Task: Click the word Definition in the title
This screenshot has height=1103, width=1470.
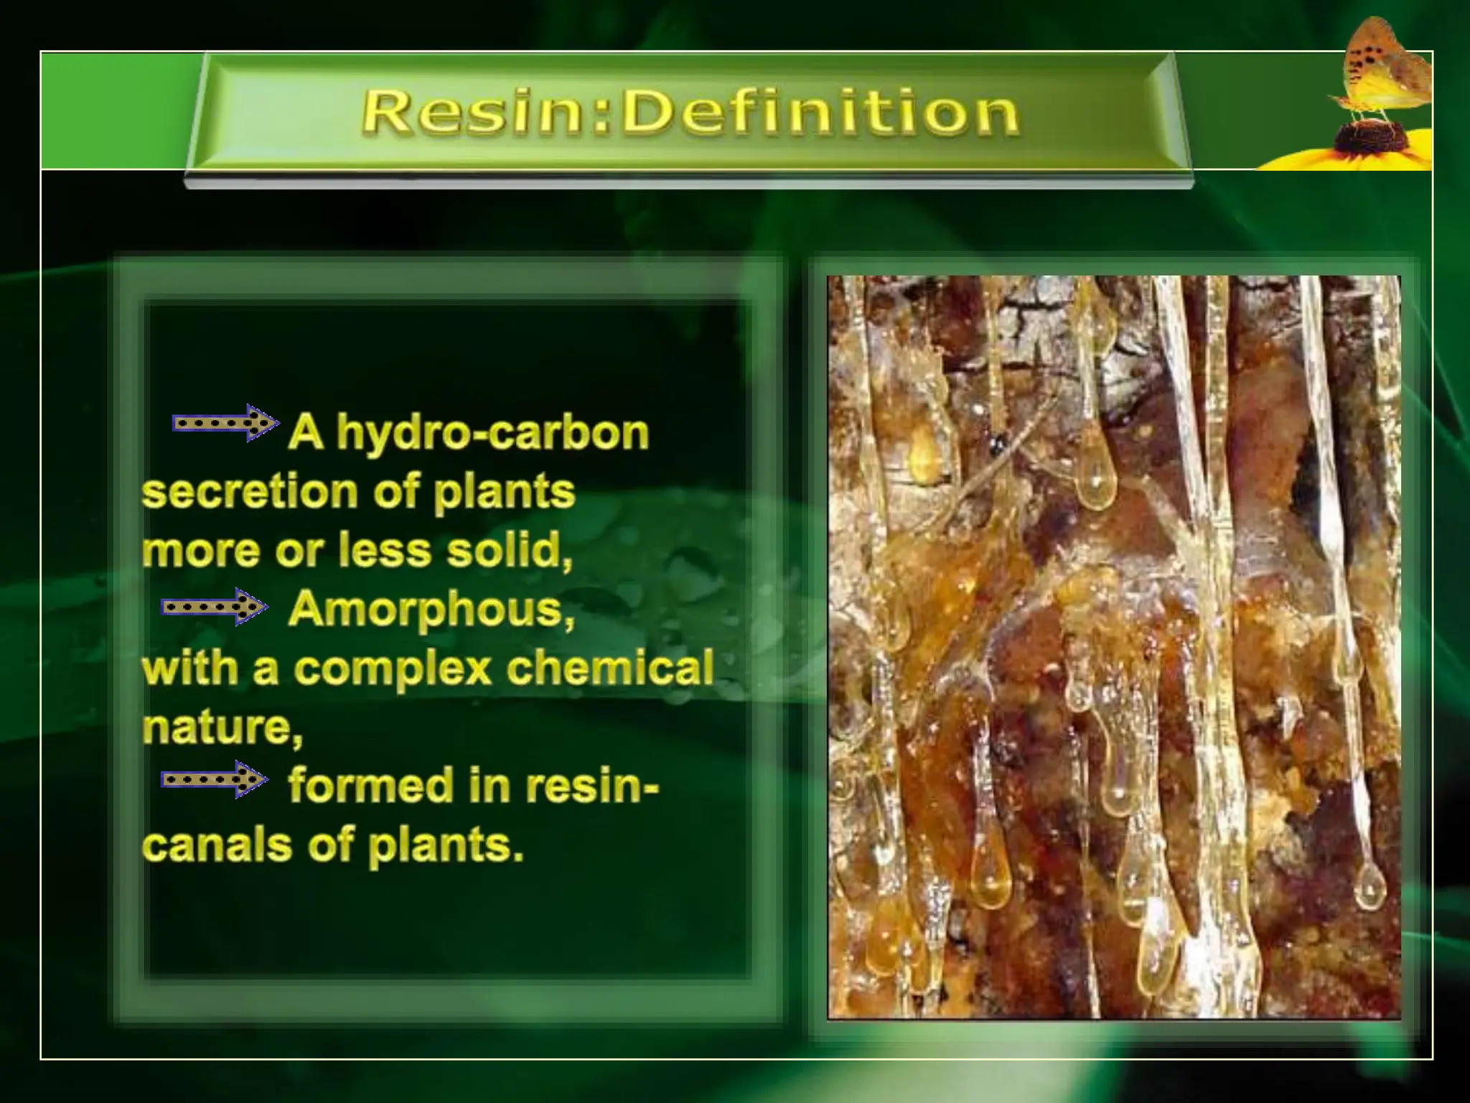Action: point(820,113)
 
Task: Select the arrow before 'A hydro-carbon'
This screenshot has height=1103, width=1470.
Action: point(225,423)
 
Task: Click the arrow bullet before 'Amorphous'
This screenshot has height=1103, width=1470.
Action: point(214,608)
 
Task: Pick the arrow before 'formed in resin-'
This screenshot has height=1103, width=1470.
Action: point(214,779)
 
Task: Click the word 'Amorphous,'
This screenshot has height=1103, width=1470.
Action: point(431,610)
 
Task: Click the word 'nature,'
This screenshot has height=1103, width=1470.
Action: point(222,727)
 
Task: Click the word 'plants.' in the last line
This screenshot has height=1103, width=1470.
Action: point(446,844)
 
